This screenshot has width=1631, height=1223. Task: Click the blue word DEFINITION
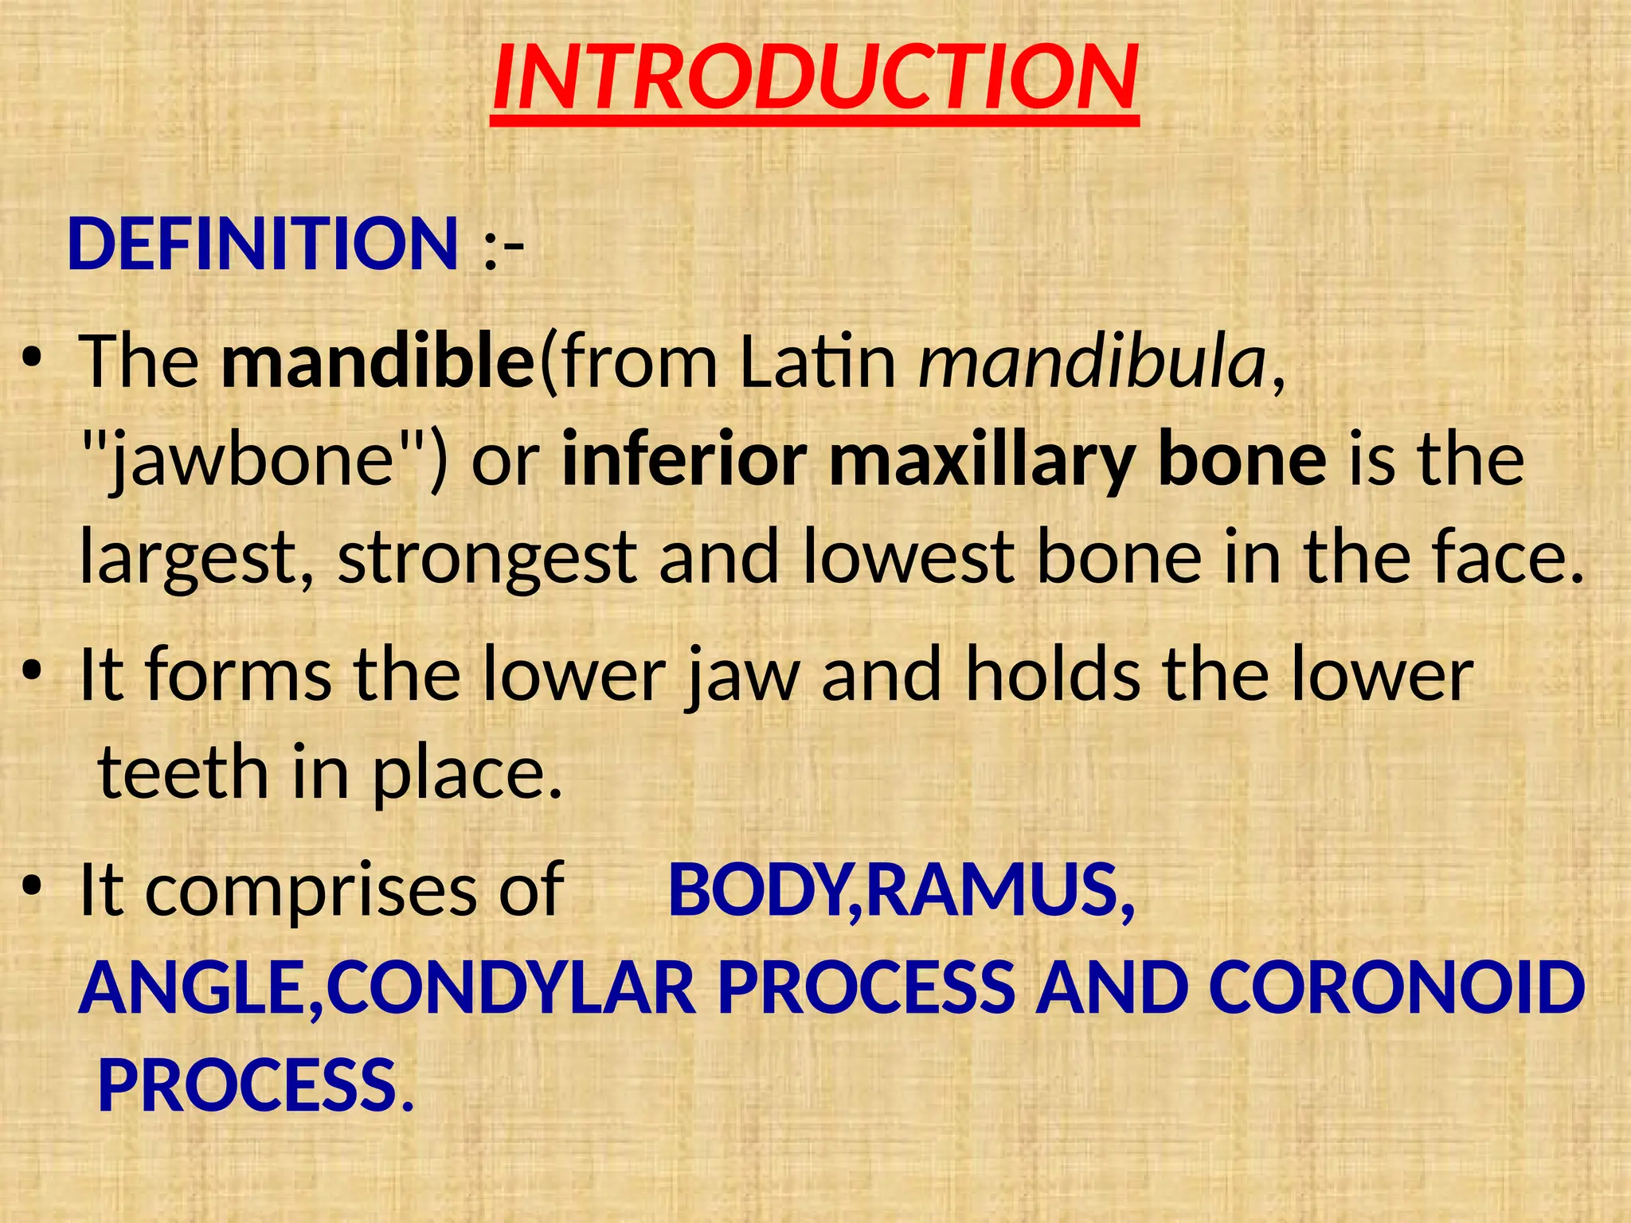point(263,244)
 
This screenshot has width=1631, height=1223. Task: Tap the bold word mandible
point(377,361)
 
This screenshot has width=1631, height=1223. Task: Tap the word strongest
point(486,559)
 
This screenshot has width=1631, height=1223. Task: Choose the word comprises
point(311,892)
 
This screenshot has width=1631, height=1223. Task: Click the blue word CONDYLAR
point(510,989)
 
